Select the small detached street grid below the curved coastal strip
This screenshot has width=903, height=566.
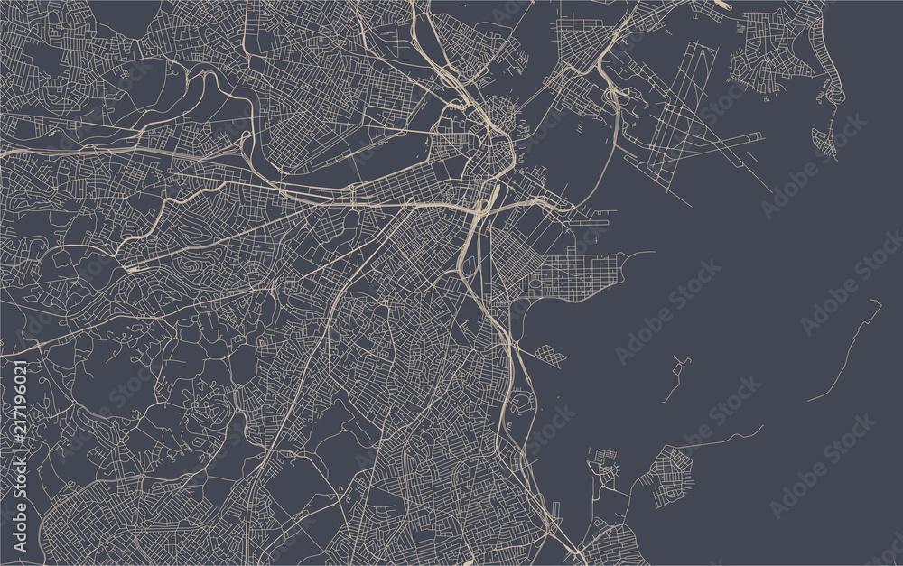point(824,140)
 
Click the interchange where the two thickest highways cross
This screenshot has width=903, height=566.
point(477,212)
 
